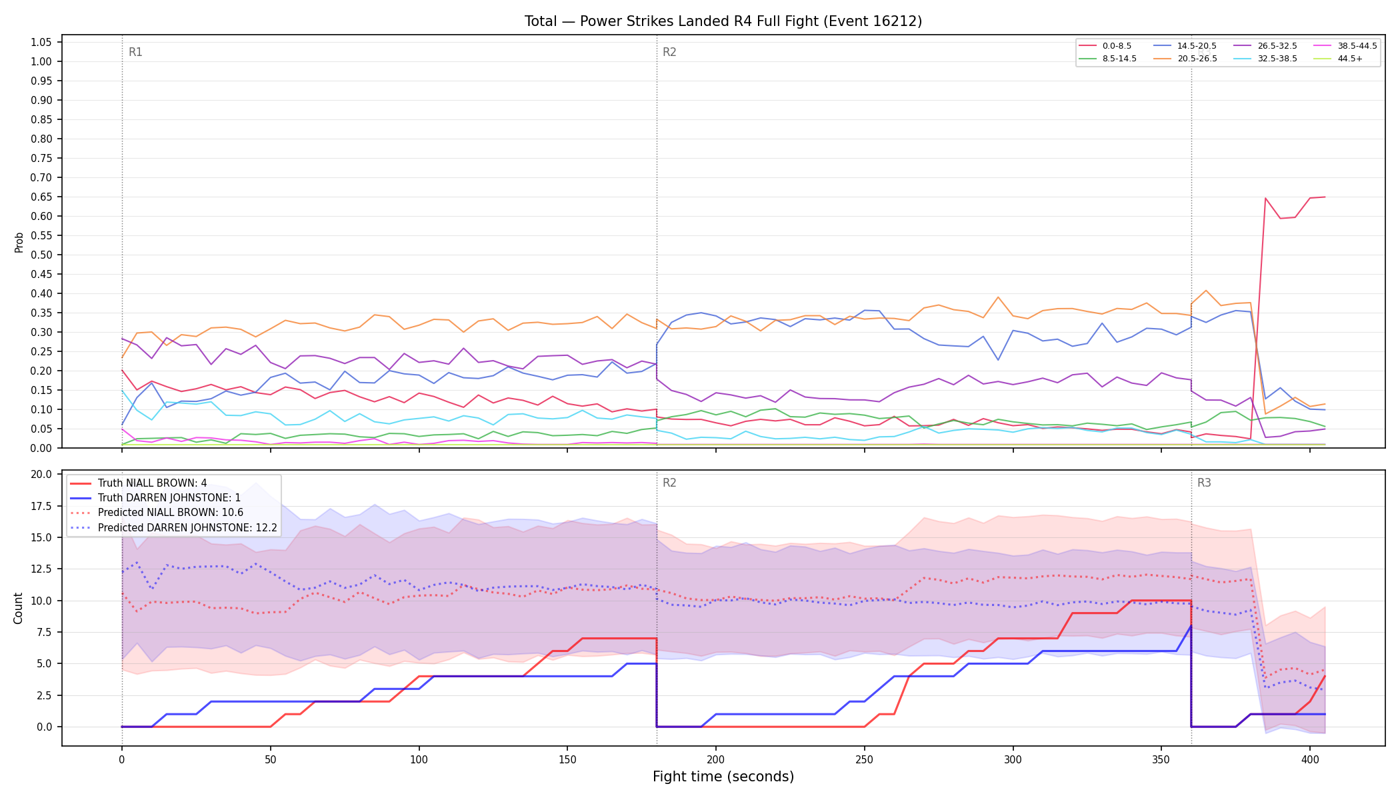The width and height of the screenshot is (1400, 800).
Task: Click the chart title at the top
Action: click(x=723, y=21)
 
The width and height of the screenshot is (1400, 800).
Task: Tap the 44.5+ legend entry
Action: click(x=1338, y=59)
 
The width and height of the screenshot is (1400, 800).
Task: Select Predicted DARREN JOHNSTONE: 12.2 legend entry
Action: click(x=174, y=527)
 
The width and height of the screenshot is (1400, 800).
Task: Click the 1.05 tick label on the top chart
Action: click(x=41, y=42)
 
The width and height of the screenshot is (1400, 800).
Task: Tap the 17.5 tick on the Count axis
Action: click(x=41, y=506)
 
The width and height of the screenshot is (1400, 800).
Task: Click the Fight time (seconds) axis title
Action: click(x=723, y=777)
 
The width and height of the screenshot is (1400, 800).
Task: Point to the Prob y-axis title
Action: click(x=19, y=242)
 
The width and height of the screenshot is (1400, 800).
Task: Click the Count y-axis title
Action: click(x=18, y=608)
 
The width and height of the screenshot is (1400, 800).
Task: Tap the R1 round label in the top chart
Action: click(x=135, y=52)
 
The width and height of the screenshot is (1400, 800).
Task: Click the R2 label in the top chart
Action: click(x=669, y=52)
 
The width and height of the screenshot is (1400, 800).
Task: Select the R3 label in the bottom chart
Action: click(x=1204, y=483)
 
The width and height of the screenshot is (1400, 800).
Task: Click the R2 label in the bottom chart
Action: click(x=669, y=483)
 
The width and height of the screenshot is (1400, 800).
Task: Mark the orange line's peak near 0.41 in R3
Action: click(x=1205, y=291)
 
